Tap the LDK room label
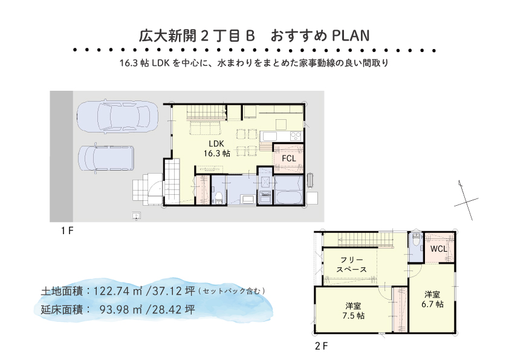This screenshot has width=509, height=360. click(216, 143)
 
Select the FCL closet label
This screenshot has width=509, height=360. click(288, 159)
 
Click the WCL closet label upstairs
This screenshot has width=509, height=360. click(438, 249)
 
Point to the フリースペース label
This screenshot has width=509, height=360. click(352, 265)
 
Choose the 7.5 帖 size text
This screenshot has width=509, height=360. click(353, 316)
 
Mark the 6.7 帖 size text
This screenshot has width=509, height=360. click(432, 304)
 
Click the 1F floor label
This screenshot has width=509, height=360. click(67, 231)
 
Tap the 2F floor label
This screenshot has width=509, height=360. click(321, 346)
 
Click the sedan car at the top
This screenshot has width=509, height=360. click(117, 116)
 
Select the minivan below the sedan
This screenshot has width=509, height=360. click(106, 159)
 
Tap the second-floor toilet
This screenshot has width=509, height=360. click(415, 240)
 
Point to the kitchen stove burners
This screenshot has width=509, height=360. click(296, 136)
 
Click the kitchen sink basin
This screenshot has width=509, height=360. click(269, 136)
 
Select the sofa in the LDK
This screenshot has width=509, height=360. click(204, 127)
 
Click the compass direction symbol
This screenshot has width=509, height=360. click(466, 200)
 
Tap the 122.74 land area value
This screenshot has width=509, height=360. click(113, 291)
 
